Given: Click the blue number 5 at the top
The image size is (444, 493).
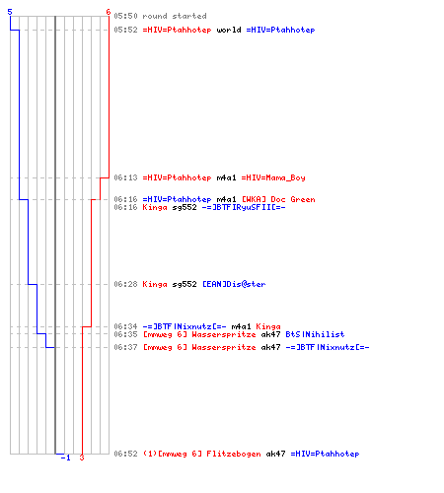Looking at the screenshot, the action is pyautogui.click(x=10, y=12).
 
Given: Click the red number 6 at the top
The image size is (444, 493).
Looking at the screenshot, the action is pyautogui.click(x=109, y=12).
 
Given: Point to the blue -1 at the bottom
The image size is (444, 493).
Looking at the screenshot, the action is pyautogui.click(x=66, y=458).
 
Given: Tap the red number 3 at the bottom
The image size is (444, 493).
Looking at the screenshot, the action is pyautogui.click(x=82, y=458).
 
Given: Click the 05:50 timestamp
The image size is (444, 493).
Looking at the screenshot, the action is pyautogui.click(x=125, y=16).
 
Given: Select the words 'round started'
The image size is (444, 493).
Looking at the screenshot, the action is pyautogui.click(x=175, y=16).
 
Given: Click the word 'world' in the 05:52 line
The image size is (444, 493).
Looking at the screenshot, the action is pyautogui.click(x=229, y=30).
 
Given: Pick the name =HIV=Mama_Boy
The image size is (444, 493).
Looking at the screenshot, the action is pyautogui.click(x=273, y=177).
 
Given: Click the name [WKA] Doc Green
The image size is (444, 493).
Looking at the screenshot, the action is pyautogui.click(x=278, y=199).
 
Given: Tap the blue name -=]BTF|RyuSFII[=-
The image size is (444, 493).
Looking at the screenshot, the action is pyautogui.click(x=244, y=207).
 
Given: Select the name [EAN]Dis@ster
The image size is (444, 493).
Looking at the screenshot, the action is pyautogui.click(x=234, y=284).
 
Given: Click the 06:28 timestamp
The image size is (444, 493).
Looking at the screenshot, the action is pyautogui.click(x=125, y=284).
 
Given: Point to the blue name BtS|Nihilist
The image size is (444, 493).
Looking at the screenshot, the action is pyautogui.click(x=315, y=334).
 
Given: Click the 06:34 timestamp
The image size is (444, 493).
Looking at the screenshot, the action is pyautogui.click(x=125, y=326).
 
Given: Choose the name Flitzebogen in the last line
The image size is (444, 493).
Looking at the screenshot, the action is pyautogui.click(x=234, y=454).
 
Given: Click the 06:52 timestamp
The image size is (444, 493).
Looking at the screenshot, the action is pyautogui.click(x=125, y=454).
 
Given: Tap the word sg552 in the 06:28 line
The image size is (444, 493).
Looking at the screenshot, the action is pyautogui.click(x=185, y=284).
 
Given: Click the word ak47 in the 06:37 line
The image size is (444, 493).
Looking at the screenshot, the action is pyautogui.click(x=270, y=347).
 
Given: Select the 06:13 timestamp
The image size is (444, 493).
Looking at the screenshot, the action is pyautogui.click(x=125, y=177).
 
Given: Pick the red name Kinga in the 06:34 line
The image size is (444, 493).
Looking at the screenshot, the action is pyautogui.click(x=268, y=326).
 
